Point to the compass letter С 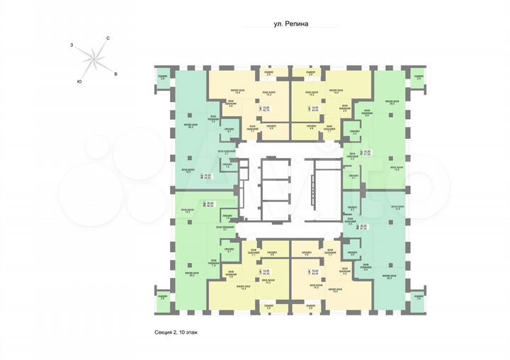107,38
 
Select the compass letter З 72,45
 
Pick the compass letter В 115,73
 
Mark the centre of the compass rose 93,58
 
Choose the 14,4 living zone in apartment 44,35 242,288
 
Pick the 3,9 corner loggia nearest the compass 162,77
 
